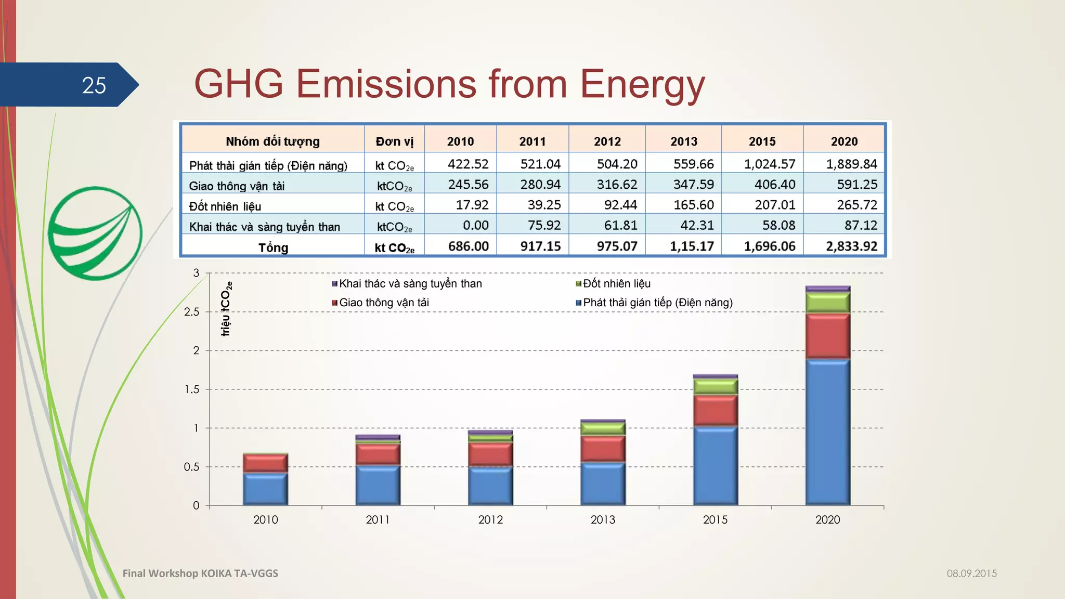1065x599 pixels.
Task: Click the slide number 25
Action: pos(94,85)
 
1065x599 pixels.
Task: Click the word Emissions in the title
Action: pos(385,84)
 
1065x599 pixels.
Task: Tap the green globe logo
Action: pos(95,233)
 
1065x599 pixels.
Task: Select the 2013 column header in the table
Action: pos(683,141)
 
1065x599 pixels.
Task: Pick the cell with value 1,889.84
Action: pos(851,164)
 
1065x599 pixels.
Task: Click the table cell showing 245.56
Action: pos(468,185)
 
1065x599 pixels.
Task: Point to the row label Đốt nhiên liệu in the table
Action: pos(225,206)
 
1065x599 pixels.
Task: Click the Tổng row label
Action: pos(273,248)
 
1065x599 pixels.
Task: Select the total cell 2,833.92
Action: pos(851,246)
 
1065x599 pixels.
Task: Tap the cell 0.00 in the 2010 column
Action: pos(475,226)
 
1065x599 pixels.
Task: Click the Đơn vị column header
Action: pos(394,141)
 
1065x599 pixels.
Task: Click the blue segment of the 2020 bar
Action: pos(827,432)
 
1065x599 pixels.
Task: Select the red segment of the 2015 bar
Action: pos(716,411)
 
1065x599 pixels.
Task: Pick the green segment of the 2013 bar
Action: pos(603,428)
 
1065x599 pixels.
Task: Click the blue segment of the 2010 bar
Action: pos(265,489)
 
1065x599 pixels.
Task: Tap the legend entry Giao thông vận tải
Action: pos(383,303)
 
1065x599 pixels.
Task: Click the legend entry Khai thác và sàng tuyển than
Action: pos(410,284)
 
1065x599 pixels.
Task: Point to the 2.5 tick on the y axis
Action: pos(191,312)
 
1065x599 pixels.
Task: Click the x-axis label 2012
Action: pos(490,519)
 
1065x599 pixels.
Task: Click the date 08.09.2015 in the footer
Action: pos(971,574)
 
